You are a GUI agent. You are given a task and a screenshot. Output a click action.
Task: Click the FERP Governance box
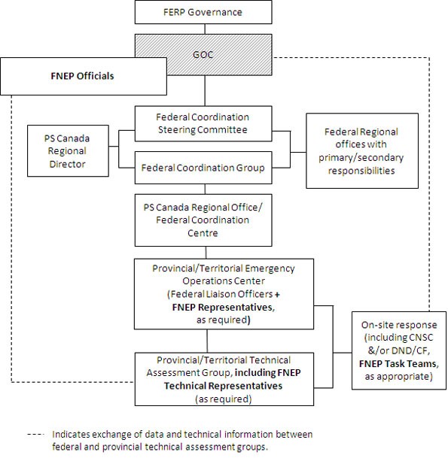pyautogui.click(x=203, y=12)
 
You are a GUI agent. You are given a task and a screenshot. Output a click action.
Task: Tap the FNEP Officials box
pyautogui.click(x=82, y=76)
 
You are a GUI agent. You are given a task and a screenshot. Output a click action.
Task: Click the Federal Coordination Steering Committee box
pyautogui.click(x=203, y=123)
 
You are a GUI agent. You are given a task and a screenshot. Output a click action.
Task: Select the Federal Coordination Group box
pyautogui.click(x=203, y=168)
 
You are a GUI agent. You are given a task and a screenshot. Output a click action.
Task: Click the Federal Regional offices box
pyautogui.click(x=361, y=150)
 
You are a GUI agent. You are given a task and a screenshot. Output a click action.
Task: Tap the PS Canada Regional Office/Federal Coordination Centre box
pyautogui.click(x=203, y=220)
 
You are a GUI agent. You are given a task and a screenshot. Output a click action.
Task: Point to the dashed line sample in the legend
pyautogui.click(x=35, y=435)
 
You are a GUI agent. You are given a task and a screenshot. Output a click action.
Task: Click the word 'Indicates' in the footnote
pyautogui.click(x=71, y=435)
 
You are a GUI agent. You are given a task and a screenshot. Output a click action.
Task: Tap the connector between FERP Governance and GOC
pyautogui.click(x=203, y=28)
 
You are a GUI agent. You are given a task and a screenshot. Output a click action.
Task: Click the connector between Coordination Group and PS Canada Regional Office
pyautogui.click(x=203, y=187)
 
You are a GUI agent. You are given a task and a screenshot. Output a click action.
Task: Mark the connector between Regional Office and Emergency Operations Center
pyautogui.click(x=203, y=252)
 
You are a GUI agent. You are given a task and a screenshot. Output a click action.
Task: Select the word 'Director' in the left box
pyautogui.click(x=67, y=164)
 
